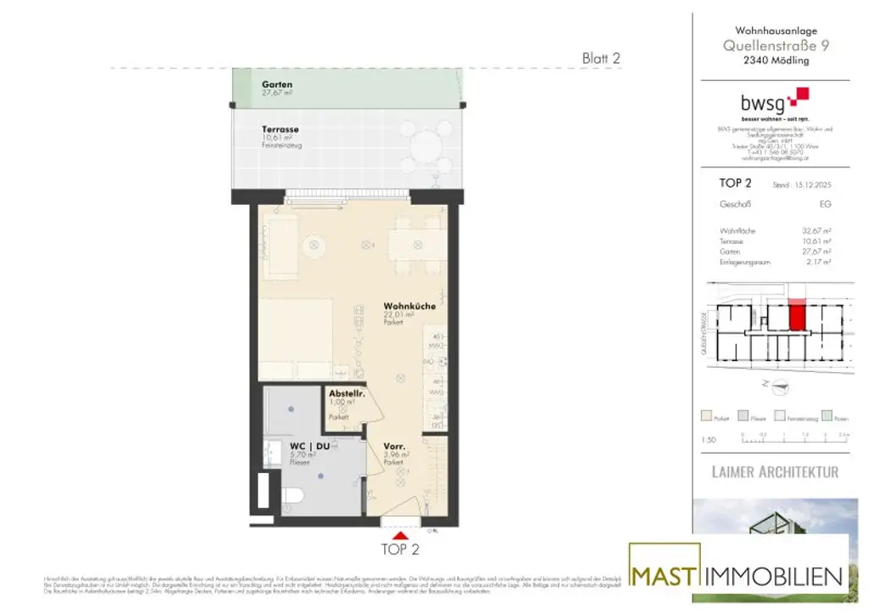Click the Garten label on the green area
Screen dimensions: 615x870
point(278,85)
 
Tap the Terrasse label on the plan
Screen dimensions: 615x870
point(280,130)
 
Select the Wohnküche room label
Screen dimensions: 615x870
point(403,307)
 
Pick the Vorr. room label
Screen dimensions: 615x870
point(393,446)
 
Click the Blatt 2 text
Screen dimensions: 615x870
point(602,58)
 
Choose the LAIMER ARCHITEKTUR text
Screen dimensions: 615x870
point(775,471)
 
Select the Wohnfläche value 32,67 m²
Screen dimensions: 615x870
point(816,230)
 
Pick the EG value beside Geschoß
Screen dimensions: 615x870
point(825,205)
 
